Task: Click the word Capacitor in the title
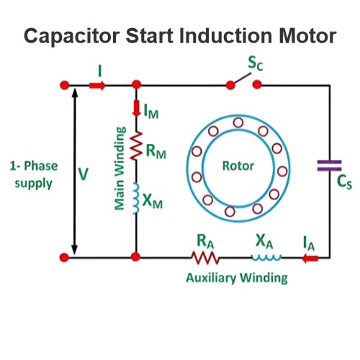72,36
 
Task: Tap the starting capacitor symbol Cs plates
329,166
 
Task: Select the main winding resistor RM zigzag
136,145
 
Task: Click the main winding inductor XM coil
136,198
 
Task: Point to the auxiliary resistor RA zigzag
205,258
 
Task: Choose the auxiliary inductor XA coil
266,258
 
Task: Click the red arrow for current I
97,86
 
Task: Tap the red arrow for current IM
136,109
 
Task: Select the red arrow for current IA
310,258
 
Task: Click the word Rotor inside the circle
238,166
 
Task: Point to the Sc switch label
256,63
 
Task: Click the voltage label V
84,174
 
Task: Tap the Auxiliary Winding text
237,278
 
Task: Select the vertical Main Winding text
120,168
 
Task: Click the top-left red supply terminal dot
64,85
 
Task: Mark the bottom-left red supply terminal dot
64,258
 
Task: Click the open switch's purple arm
243,78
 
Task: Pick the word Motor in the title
307,36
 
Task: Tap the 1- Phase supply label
34,175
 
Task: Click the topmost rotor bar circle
238,122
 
